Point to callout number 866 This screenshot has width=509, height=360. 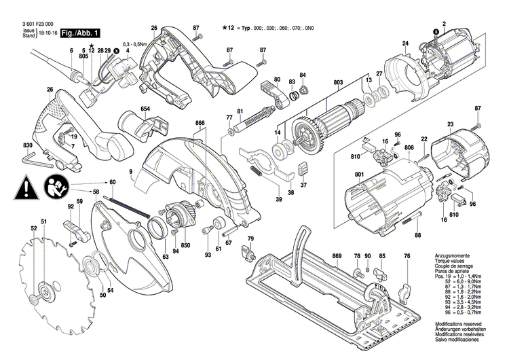click(x=200, y=123)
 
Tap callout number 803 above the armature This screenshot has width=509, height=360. click(x=337, y=83)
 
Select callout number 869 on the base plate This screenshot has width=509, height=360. click(x=337, y=255)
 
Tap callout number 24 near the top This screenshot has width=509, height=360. click(x=405, y=44)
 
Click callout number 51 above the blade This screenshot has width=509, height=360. click(x=43, y=223)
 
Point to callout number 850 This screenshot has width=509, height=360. click(x=185, y=245)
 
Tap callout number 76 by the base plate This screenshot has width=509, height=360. click(x=407, y=255)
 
